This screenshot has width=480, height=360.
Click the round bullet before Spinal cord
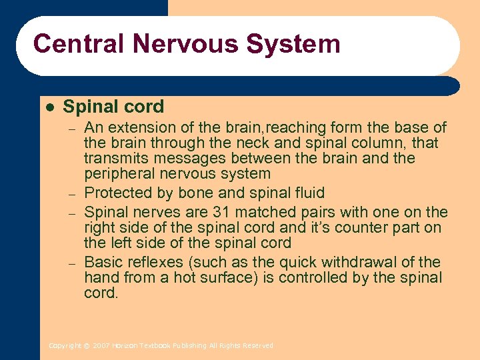coord(49,107)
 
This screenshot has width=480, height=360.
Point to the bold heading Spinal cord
coord(113,107)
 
